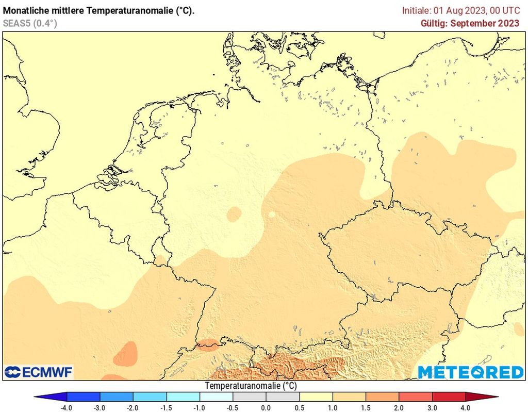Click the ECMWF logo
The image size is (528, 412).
pyautogui.click(x=39, y=372)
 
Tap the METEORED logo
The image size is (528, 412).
pyautogui.click(x=470, y=372)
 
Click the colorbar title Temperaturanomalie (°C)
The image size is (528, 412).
pyautogui.click(x=251, y=386)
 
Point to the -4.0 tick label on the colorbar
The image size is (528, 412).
pyautogui.click(x=67, y=408)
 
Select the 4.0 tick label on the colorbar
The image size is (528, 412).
pyautogui.click(x=466, y=408)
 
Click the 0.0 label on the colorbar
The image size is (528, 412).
pyautogui.click(x=266, y=408)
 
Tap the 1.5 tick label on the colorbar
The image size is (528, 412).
pyautogui.click(x=366, y=408)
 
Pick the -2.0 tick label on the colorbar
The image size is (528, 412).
pyautogui.click(x=133, y=408)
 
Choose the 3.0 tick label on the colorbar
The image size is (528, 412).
pyautogui.click(x=432, y=408)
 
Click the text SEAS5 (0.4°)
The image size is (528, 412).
pyautogui.click(x=30, y=23)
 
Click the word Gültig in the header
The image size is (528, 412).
pyautogui.click(x=432, y=23)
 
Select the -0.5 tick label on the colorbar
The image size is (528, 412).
pyautogui.click(x=233, y=408)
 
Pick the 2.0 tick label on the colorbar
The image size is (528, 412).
pyautogui.click(x=399, y=408)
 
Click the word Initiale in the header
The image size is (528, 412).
pyautogui.click(x=416, y=10)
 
